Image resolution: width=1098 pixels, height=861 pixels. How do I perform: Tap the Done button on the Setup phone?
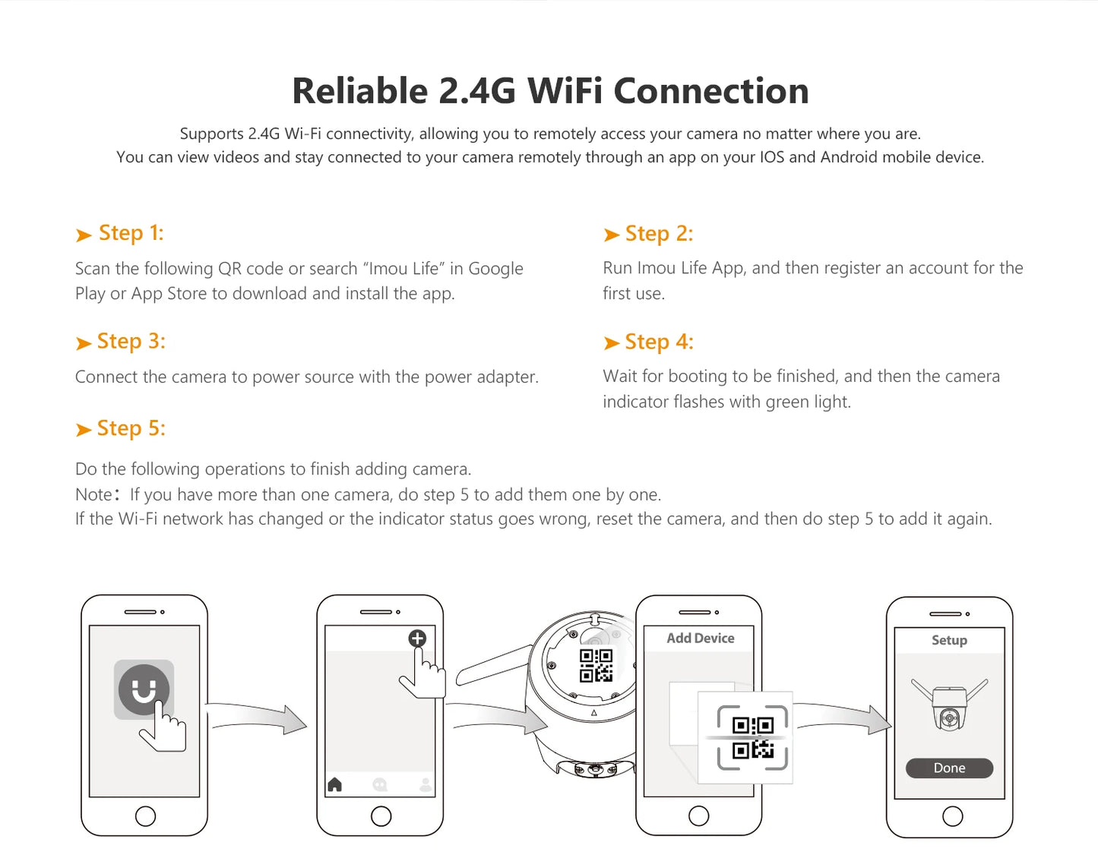(x=949, y=768)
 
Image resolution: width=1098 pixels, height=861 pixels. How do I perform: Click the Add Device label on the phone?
(x=700, y=638)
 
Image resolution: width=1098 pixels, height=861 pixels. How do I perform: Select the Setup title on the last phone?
(x=949, y=640)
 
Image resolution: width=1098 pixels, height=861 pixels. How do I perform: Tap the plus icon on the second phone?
(x=417, y=639)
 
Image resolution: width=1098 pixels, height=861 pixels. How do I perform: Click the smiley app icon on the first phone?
(x=144, y=689)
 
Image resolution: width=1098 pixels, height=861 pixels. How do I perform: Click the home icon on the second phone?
(x=334, y=784)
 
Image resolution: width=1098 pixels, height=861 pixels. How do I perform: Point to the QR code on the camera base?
(x=596, y=665)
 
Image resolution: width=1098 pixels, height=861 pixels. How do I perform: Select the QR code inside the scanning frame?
(x=753, y=738)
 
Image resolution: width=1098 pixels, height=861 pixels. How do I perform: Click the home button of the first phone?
(x=146, y=816)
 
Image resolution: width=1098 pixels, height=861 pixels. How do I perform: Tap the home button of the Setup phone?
(x=952, y=816)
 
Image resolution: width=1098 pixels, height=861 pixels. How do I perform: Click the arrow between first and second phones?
(x=257, y=717)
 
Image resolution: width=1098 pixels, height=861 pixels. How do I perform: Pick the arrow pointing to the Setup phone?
(x=843, y=717)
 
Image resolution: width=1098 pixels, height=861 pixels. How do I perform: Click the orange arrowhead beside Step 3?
(x=84, y=343)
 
